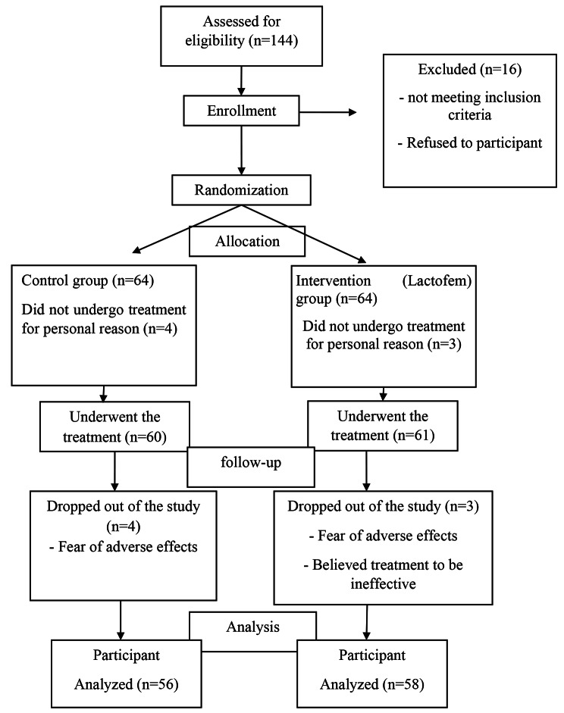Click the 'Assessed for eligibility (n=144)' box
coord(241,35)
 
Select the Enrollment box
coord(241,112)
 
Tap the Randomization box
coord(241,190)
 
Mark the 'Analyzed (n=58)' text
coord(367,685)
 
